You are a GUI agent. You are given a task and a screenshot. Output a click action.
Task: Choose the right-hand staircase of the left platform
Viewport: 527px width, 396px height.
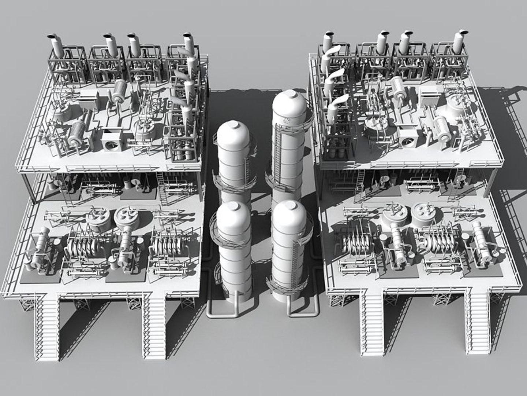tap(154, 326)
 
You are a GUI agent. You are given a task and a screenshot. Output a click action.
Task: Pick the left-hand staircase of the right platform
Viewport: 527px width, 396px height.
tap(372, 323)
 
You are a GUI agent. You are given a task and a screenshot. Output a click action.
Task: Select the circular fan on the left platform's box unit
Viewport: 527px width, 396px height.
tap(111, 145)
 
